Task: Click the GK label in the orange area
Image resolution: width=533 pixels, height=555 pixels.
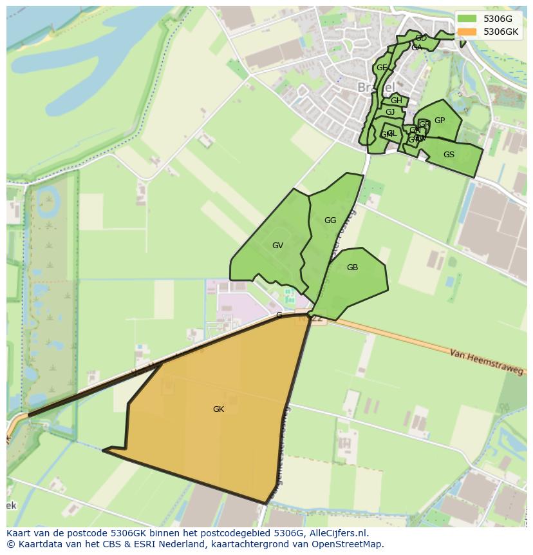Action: coord(218,409)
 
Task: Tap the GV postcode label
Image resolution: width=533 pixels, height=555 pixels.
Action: coord(277,246)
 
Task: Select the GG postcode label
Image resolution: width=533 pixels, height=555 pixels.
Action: coord(330,220)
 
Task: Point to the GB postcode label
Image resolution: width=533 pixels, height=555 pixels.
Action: coord(352,268)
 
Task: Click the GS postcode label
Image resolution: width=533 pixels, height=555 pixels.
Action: coord(449,155)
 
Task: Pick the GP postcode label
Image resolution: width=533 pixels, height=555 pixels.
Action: coord(440,121)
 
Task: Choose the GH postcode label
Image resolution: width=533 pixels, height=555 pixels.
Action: coord(397,101)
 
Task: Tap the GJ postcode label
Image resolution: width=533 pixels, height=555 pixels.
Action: coord(390,112)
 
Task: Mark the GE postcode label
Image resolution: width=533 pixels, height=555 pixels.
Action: coord(382,68)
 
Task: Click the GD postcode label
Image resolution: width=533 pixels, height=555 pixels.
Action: coord(421,39)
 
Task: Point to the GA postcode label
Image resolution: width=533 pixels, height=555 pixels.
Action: coord(416,48)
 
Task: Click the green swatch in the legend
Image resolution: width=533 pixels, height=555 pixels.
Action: coord(467,19)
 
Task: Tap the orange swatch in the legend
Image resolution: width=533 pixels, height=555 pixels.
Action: coord(467,32)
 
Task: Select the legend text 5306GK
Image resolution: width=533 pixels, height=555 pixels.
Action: coord(501,32)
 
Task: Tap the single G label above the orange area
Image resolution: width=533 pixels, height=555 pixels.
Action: coord(279,315)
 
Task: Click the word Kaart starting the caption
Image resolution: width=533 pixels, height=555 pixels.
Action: coord(19,533)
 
